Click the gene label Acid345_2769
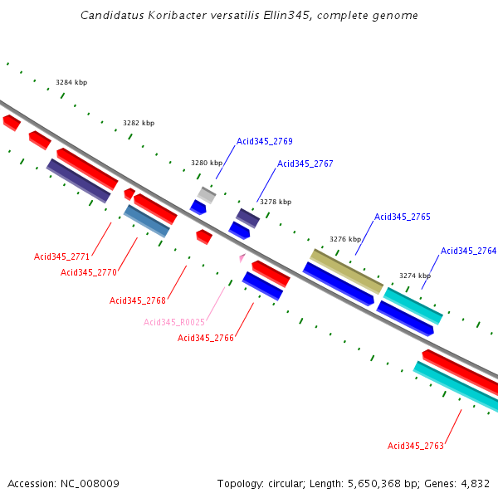coord(264,141)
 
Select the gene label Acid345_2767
coord(305,164)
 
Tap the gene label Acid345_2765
coord(402,217)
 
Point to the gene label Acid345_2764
coord(468,251)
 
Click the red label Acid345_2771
coord(62,256)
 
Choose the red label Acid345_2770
coord(89,272)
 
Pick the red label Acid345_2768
coord(138,300)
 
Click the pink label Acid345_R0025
coord(174,322)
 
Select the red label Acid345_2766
coord(206,338)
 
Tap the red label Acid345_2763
coord(416,446)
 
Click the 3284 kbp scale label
coord(71,82)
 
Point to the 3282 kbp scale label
coord(139,123)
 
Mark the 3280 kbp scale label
coord(207,163)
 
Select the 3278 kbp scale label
coord(276,202)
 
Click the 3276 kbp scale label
coord(345,239)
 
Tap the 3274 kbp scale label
coord(415,276)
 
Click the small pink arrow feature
coord(242,258)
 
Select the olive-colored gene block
coord(346,271)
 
